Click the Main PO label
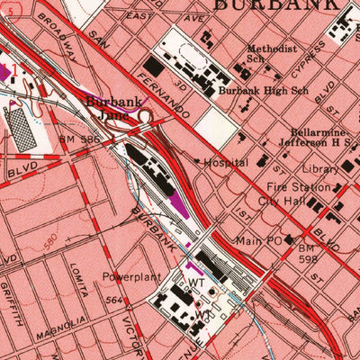259,240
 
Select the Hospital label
226,163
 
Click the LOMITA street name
77,287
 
